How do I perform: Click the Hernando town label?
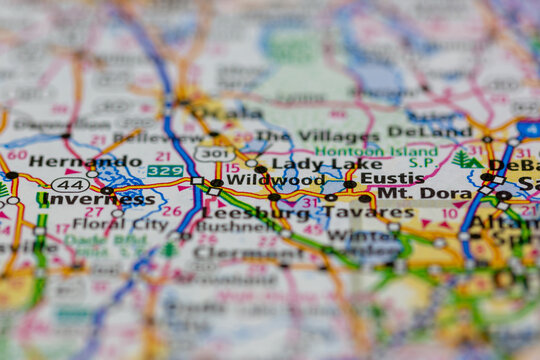(71, 161)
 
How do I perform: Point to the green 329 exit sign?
(165, 171)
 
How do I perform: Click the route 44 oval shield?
(69, 184)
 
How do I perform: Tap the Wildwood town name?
(275, 180)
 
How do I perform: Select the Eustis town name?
(392, 179)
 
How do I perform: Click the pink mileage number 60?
(17, 155)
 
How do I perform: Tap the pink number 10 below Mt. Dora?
(450, 213)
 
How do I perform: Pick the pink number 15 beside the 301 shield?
(232, 168)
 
